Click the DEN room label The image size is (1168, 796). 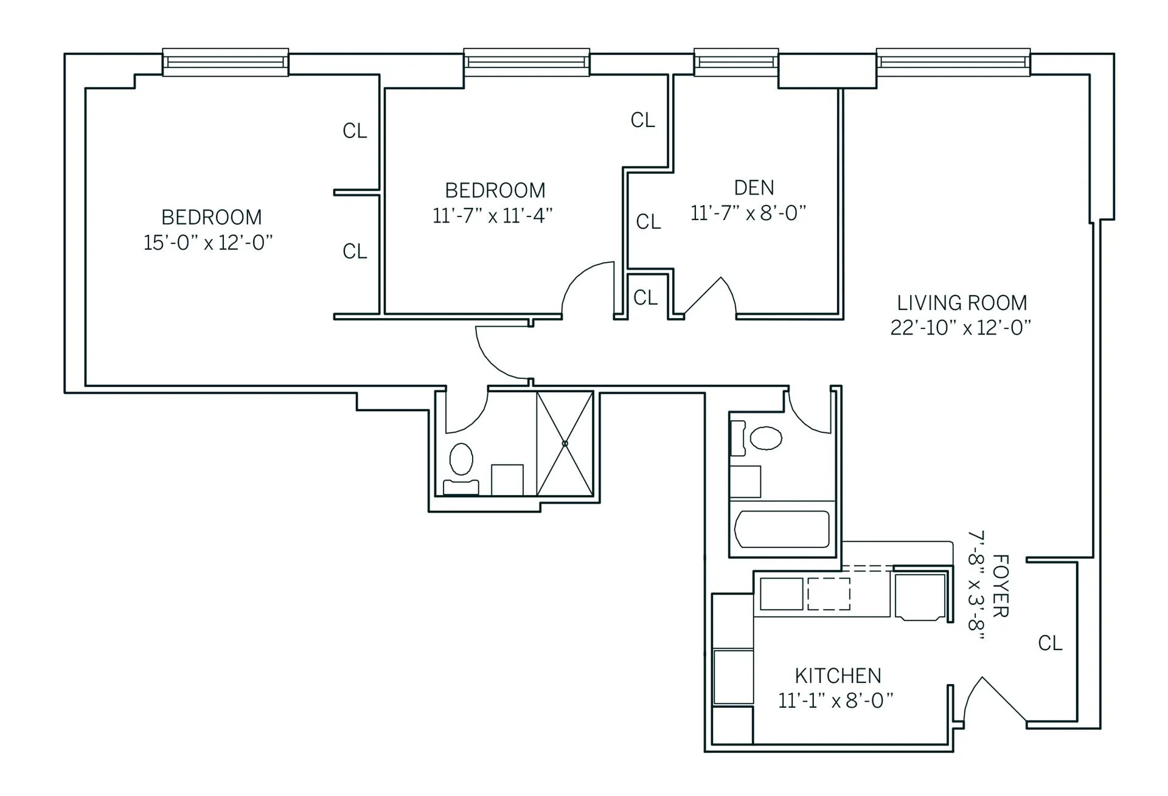click(754, 188)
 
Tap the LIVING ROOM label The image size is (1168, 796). click(961, 303)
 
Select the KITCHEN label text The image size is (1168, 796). click(838, 676)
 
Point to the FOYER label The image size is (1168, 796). click(1000, 585)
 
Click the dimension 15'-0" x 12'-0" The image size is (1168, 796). click(208, 243)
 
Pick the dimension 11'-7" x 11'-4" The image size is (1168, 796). click(492, 216)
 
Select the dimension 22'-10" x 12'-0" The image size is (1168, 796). click(961, 328)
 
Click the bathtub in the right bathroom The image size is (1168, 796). click(782, 529)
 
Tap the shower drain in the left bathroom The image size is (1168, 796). click(565, 443)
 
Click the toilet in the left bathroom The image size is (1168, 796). click(461, 459)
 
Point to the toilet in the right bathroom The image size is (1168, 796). click(765, 438)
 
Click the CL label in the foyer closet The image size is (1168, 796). click(1050, 643)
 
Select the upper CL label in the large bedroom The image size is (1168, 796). click(355, 131)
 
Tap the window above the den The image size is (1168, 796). click(736, 62)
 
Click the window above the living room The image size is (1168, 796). click(953, 62)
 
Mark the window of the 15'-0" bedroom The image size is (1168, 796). click(225, 62)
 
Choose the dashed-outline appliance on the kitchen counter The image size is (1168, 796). click(829, 594)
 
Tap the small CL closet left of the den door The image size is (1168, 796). click(645, 297)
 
